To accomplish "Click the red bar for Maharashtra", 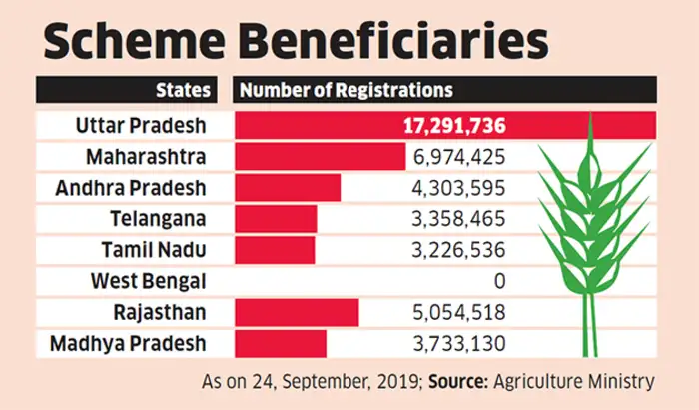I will point(320,157).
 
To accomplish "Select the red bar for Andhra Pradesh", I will point(288,188).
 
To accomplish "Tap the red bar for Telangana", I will point(276,219).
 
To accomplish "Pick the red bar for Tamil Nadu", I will point(275,250).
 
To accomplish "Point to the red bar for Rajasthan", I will point(297,313).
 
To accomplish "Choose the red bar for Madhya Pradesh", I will point(281,344).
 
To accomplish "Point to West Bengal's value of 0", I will point(498,282).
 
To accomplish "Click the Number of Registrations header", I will point(346,90).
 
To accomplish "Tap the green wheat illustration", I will point(589,220).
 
